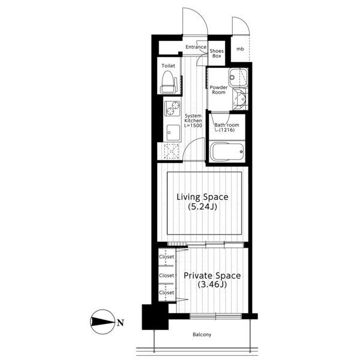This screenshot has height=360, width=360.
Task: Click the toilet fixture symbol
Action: pos(169,82)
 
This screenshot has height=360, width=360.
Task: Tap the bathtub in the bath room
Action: pos(227,152)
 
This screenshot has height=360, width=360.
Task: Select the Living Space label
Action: pos(202,197)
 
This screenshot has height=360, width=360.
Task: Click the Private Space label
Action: pos(212,275)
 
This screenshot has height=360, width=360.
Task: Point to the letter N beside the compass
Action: pos(121,323)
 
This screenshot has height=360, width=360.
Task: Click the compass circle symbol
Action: pos(103,322)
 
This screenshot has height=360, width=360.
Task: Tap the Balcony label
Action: pos(202,335)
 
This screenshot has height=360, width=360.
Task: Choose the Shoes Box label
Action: pos(217,53)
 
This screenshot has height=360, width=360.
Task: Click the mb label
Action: pos(240,49)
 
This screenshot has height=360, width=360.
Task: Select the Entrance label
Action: pos(196,47)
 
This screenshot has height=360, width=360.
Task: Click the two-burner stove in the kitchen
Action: pos(172,109)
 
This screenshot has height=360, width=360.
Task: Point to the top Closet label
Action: pos(166,257)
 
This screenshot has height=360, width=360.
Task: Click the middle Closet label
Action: pos(166,275)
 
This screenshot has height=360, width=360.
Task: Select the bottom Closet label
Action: pos(166,293)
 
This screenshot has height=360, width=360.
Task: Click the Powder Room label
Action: pos(218,90)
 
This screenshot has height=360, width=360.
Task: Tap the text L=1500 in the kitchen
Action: pos(193,125)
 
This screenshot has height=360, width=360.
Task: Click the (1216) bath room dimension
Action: pos(227,130)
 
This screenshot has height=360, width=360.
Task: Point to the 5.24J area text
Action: pos(202,207)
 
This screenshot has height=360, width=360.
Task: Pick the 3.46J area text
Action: pos(212,284)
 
